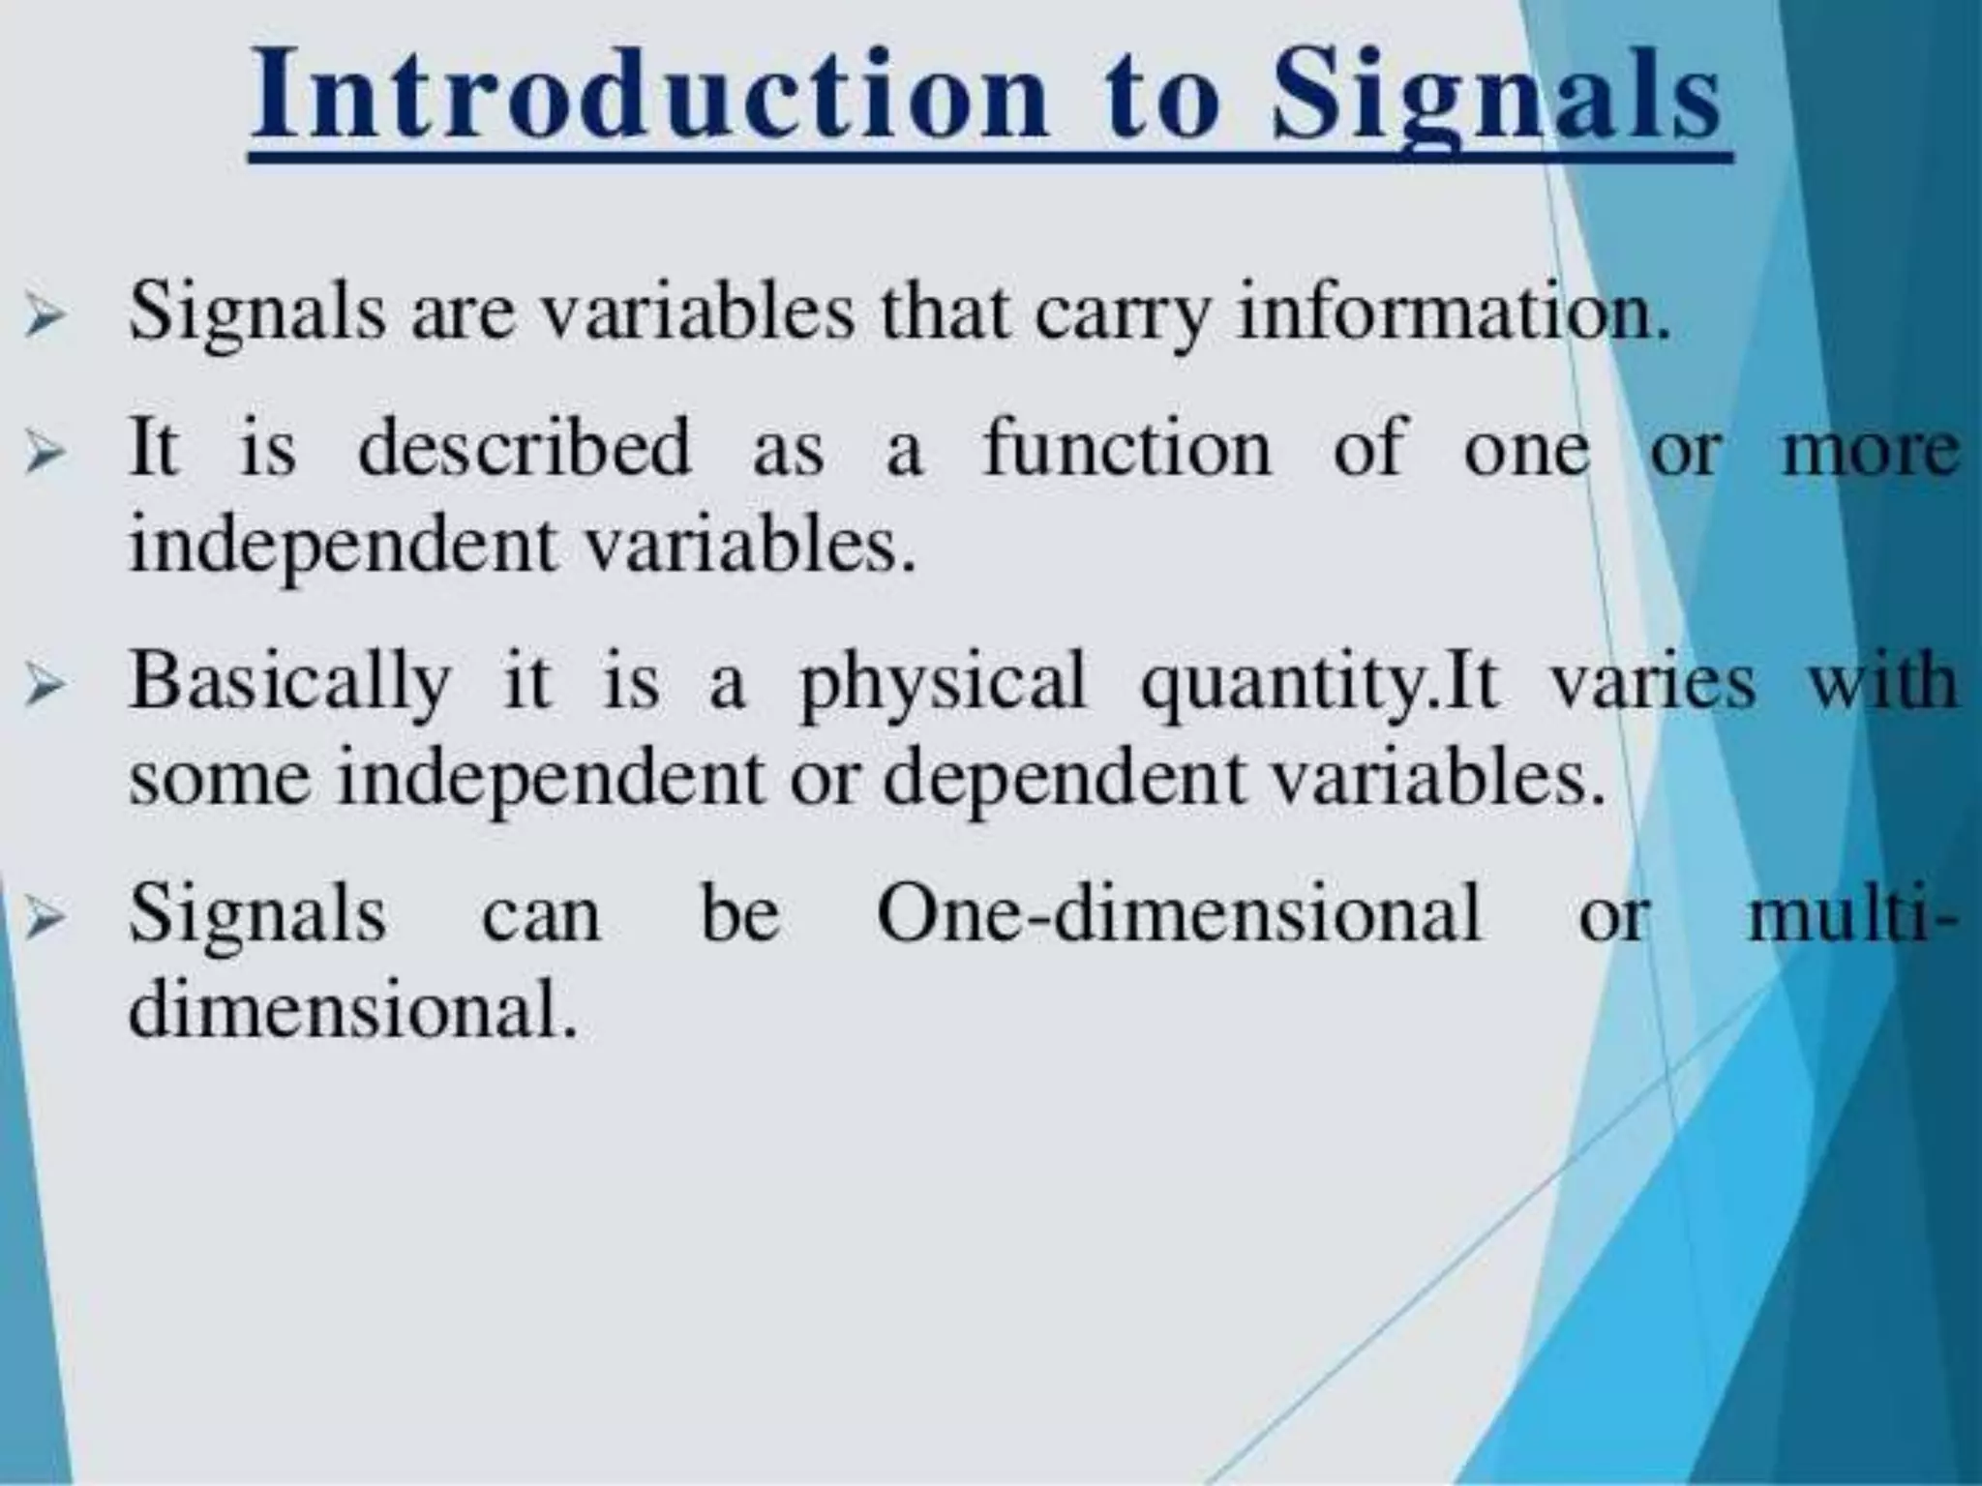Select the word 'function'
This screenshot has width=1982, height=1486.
point(1127,447)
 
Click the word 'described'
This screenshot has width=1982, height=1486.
point(525,447)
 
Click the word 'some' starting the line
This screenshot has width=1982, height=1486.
point(221,780)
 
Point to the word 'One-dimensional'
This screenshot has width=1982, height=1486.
point(1179,912)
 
